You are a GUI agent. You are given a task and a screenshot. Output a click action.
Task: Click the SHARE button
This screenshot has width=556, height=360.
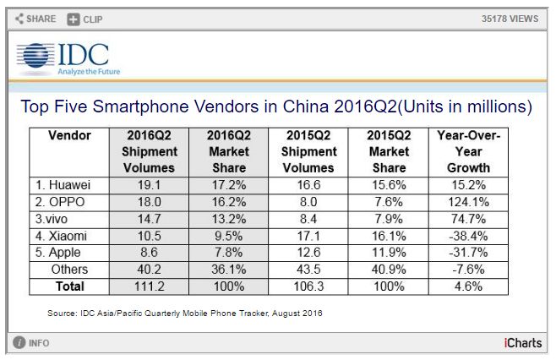point(36,18)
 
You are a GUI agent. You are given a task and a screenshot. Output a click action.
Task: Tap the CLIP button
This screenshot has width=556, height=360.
point(85,18)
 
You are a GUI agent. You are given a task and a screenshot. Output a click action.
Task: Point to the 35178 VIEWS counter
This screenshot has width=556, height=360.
point(511,18)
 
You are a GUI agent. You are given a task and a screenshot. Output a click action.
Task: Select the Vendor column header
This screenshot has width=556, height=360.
point(69,135)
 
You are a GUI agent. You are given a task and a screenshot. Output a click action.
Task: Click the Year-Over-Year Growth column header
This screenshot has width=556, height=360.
point(469,151)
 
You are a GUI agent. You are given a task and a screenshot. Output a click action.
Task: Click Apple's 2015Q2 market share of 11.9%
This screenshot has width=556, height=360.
point(389,252)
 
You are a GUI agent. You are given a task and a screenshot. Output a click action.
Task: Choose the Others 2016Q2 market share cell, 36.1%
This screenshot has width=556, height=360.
point(228,269)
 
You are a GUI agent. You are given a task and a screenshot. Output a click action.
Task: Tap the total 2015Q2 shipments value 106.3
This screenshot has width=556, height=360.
point(309,286)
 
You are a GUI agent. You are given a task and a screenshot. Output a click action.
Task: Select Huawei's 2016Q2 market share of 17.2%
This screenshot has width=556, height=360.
point(228,184)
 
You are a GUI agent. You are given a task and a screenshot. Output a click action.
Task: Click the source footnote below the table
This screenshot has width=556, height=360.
point(184,314)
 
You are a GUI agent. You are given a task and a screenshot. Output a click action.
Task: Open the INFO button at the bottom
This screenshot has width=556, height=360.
point(31,343)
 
